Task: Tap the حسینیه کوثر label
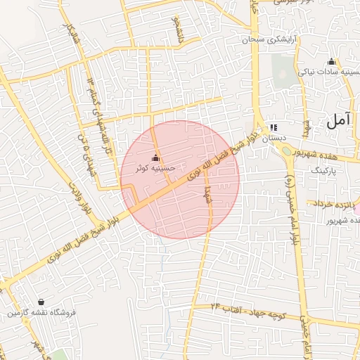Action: (156, 169)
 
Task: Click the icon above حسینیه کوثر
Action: (156, 157)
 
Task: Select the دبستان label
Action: (274, 139)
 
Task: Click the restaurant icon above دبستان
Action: (274, 127)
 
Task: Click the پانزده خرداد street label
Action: (332, 203)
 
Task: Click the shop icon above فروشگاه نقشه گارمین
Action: (41, 302)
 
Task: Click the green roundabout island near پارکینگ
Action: (287, 150)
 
